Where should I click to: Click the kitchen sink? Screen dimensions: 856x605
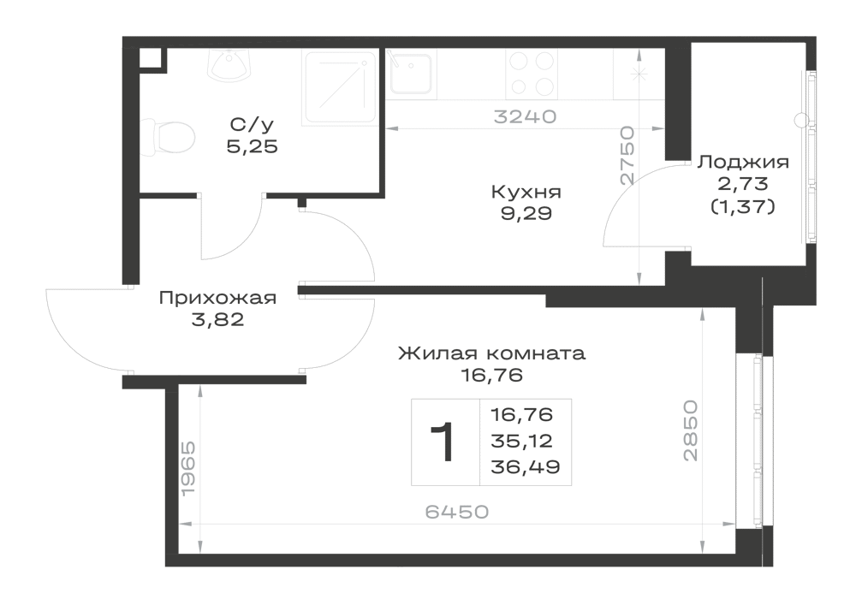point(411,74)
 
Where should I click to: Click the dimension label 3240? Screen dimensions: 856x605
point(526,116)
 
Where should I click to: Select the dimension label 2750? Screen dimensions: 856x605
point(627,156)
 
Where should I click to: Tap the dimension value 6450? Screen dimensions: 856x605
point(457,512)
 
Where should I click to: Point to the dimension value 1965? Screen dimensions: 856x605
point(187,469)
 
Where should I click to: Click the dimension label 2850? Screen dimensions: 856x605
point(690,430)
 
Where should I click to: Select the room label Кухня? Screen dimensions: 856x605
point(526,192)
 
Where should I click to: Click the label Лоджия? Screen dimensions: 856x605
point(744,162)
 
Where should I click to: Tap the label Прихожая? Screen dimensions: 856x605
point(217,298)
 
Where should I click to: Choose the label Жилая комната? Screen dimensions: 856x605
point(492,353)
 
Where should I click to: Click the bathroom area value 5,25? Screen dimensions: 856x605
point(253,146)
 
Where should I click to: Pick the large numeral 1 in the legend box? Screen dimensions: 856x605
point(443,442)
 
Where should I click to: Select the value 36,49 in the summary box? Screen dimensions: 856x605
point(526,467)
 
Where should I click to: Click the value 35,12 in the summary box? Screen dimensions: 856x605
point(522,441)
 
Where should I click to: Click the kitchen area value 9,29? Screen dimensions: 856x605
point(526,214)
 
